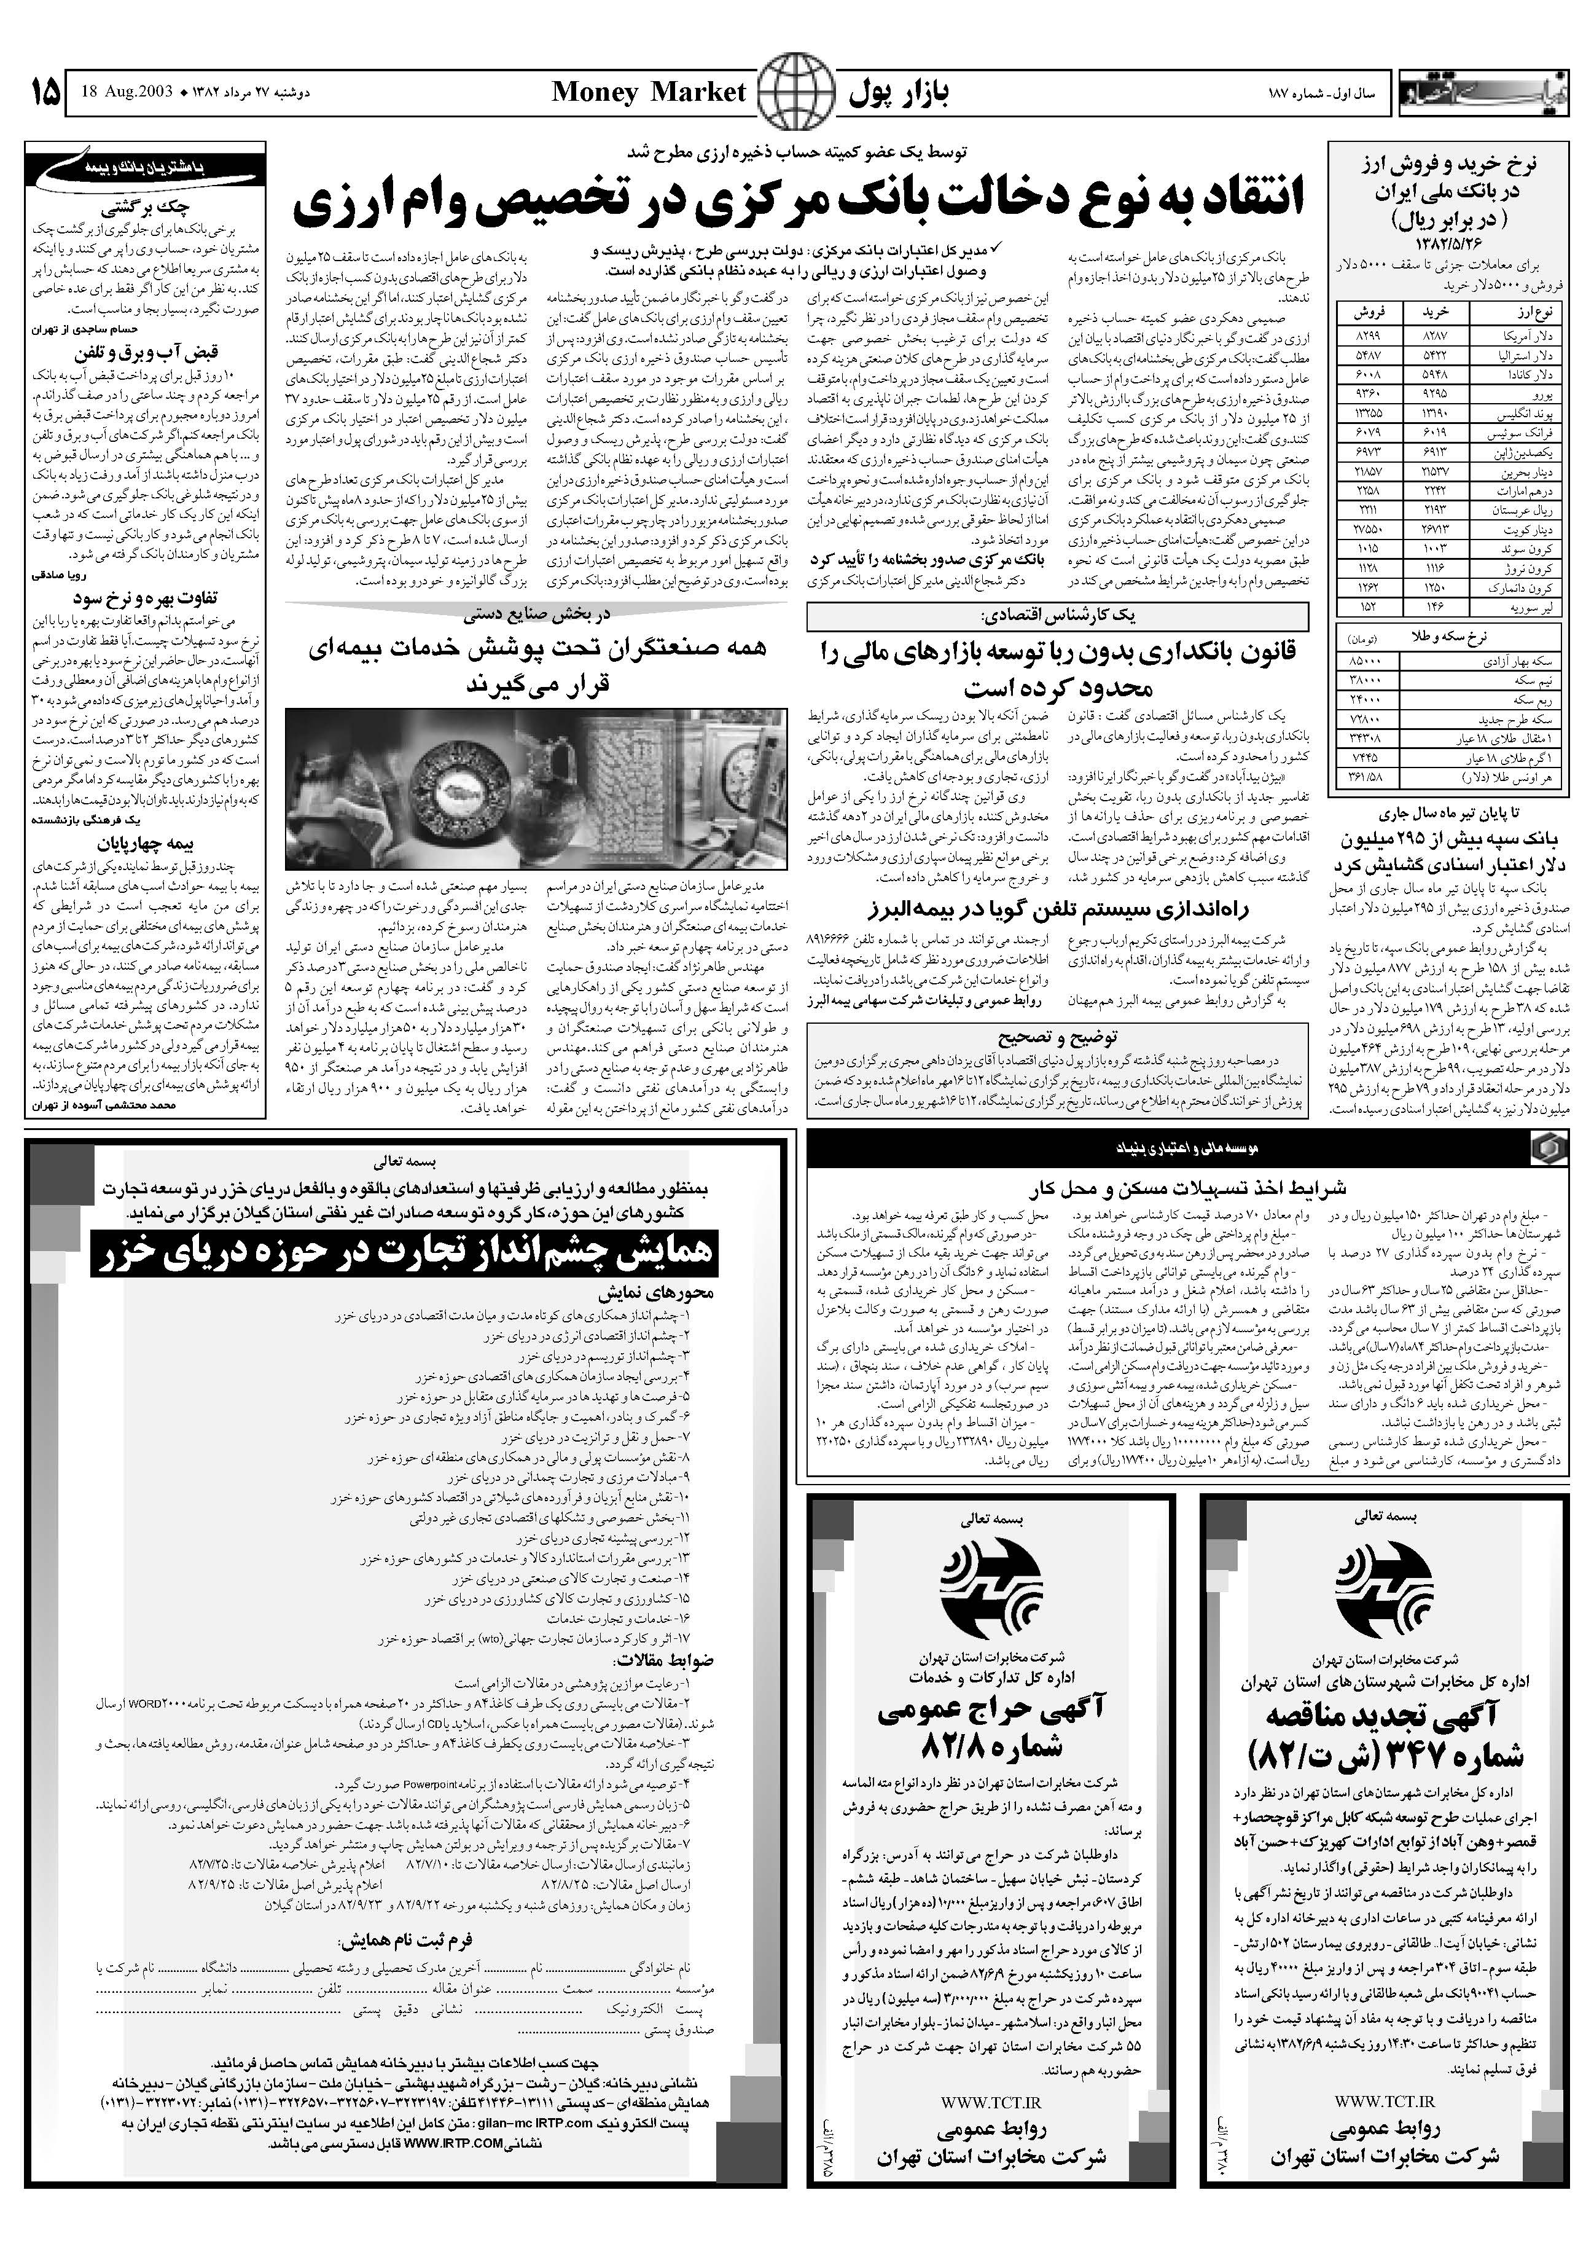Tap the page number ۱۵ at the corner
pyautogui.click(x=44, y=93)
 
